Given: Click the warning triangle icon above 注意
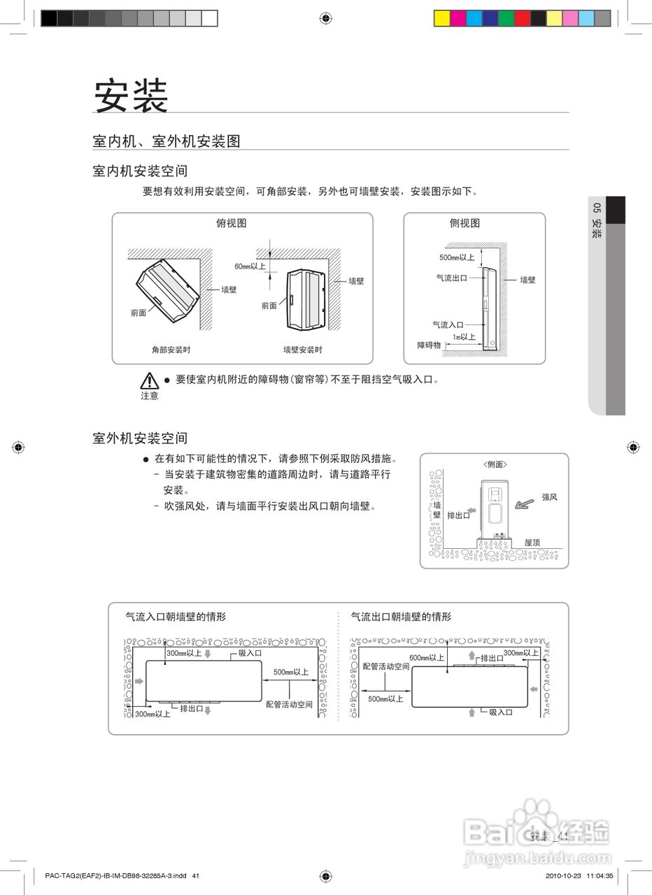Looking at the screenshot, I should [x=149, y=381].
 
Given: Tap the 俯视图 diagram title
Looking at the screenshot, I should [x=231, y=224].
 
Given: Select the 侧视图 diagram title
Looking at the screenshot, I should [x=465, y=224].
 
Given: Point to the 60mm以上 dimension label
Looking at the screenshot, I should [x=250, y=266].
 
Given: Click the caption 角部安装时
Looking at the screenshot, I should [x=171, y=350].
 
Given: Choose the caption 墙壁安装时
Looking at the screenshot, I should [x=302, y=350].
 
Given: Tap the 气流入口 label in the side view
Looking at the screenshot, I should [x=448, y=325].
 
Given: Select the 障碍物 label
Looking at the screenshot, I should [x=429, y=345].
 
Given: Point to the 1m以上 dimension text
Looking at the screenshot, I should [x=464, y=337].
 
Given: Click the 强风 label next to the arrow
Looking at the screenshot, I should [x=550, y=497].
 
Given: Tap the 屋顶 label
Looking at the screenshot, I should [x=532, y=543].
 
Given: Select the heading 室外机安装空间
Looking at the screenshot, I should [x=140, y=438].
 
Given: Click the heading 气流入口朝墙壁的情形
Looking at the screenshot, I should [x=176, y=617].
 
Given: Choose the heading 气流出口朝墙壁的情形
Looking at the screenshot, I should [x=401, y=617].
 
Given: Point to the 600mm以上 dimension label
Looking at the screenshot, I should [x=427, y=658].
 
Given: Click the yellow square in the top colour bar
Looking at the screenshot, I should [x=441, y=18].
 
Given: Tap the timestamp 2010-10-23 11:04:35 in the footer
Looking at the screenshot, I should [x=579, y=875].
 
